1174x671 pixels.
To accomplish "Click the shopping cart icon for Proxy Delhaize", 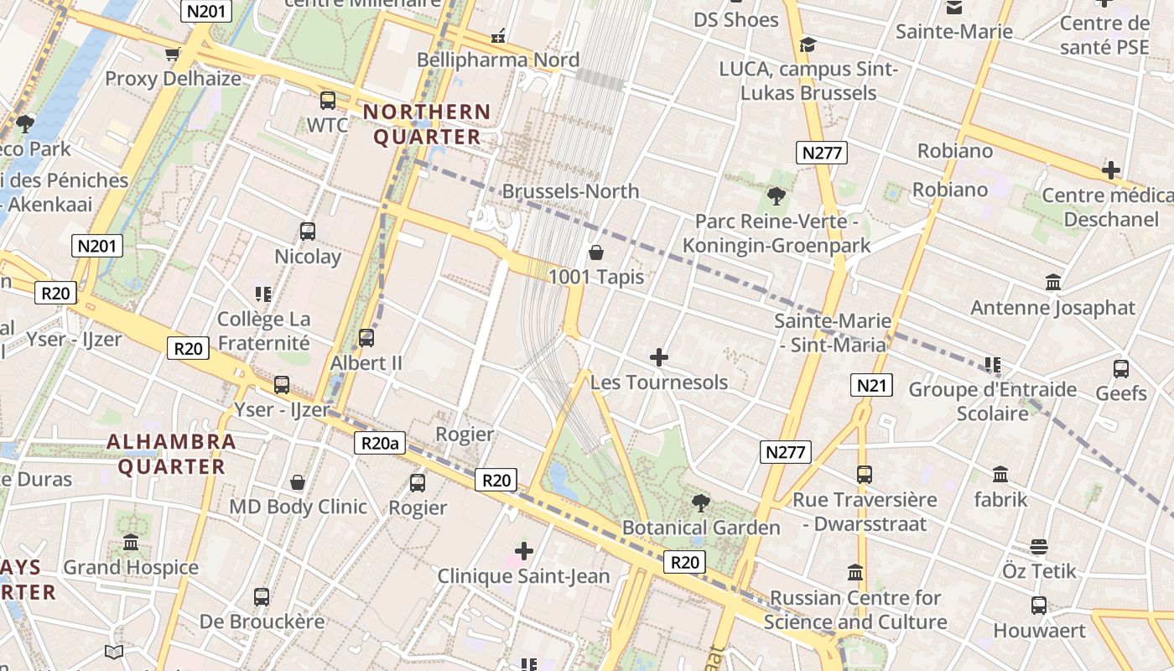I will click(x=173, y=55).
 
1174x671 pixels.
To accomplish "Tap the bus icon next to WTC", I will click(x=328, y=101).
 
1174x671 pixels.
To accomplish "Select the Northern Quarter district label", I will click(x=427, y=124).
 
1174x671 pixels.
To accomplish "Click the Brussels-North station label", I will click(x=570, y=191).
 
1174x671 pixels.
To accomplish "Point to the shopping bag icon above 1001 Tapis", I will click(x=596, y=252).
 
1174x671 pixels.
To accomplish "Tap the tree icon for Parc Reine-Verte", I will click(x=777, y=196).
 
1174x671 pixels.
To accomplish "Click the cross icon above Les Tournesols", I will click(x=659, y=357).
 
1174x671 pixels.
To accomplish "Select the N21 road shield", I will click(x=871, y=385).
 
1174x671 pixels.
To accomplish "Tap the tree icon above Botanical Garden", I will click(x=701, y=503).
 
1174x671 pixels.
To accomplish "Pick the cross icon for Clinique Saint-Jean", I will click(x=524, y=551).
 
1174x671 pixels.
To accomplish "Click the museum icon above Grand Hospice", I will click(x=131, y=543).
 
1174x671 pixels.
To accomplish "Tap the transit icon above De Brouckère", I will click(x=262, y=597).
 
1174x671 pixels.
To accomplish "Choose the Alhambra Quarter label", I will click(x=172, y=454).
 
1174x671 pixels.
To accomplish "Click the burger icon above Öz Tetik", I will click(x=1039, y=547).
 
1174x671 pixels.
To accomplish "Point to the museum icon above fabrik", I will click(x=1000, y=475).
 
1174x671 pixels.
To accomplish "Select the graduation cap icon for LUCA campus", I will click(x=808, y=44).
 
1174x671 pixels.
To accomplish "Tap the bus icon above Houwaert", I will click(x=1039, y=606).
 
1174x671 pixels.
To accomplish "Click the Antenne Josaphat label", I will click(x=1052, y=308).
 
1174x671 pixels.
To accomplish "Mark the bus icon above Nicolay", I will click(x=308, y=231).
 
